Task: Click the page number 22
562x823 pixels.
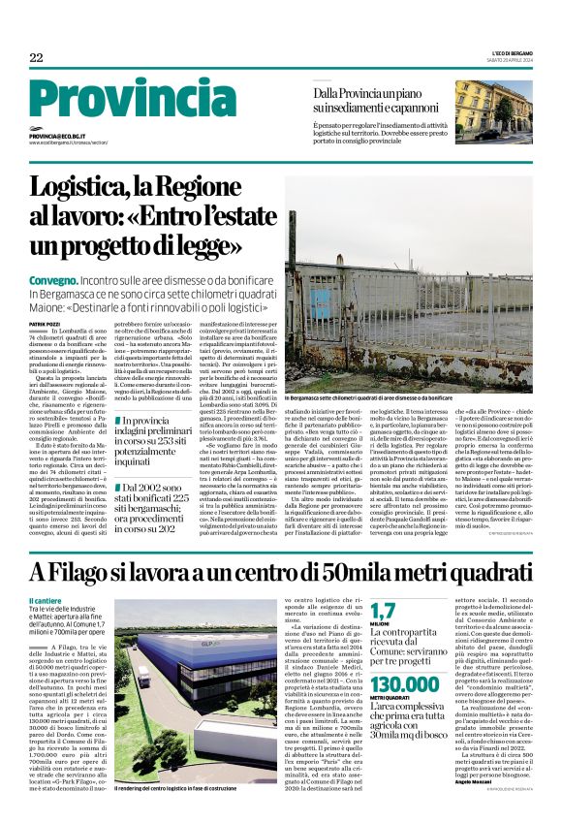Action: click(37, 58)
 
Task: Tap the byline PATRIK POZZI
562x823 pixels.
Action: click(45, 323)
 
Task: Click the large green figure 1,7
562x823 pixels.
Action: click(383, 611)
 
